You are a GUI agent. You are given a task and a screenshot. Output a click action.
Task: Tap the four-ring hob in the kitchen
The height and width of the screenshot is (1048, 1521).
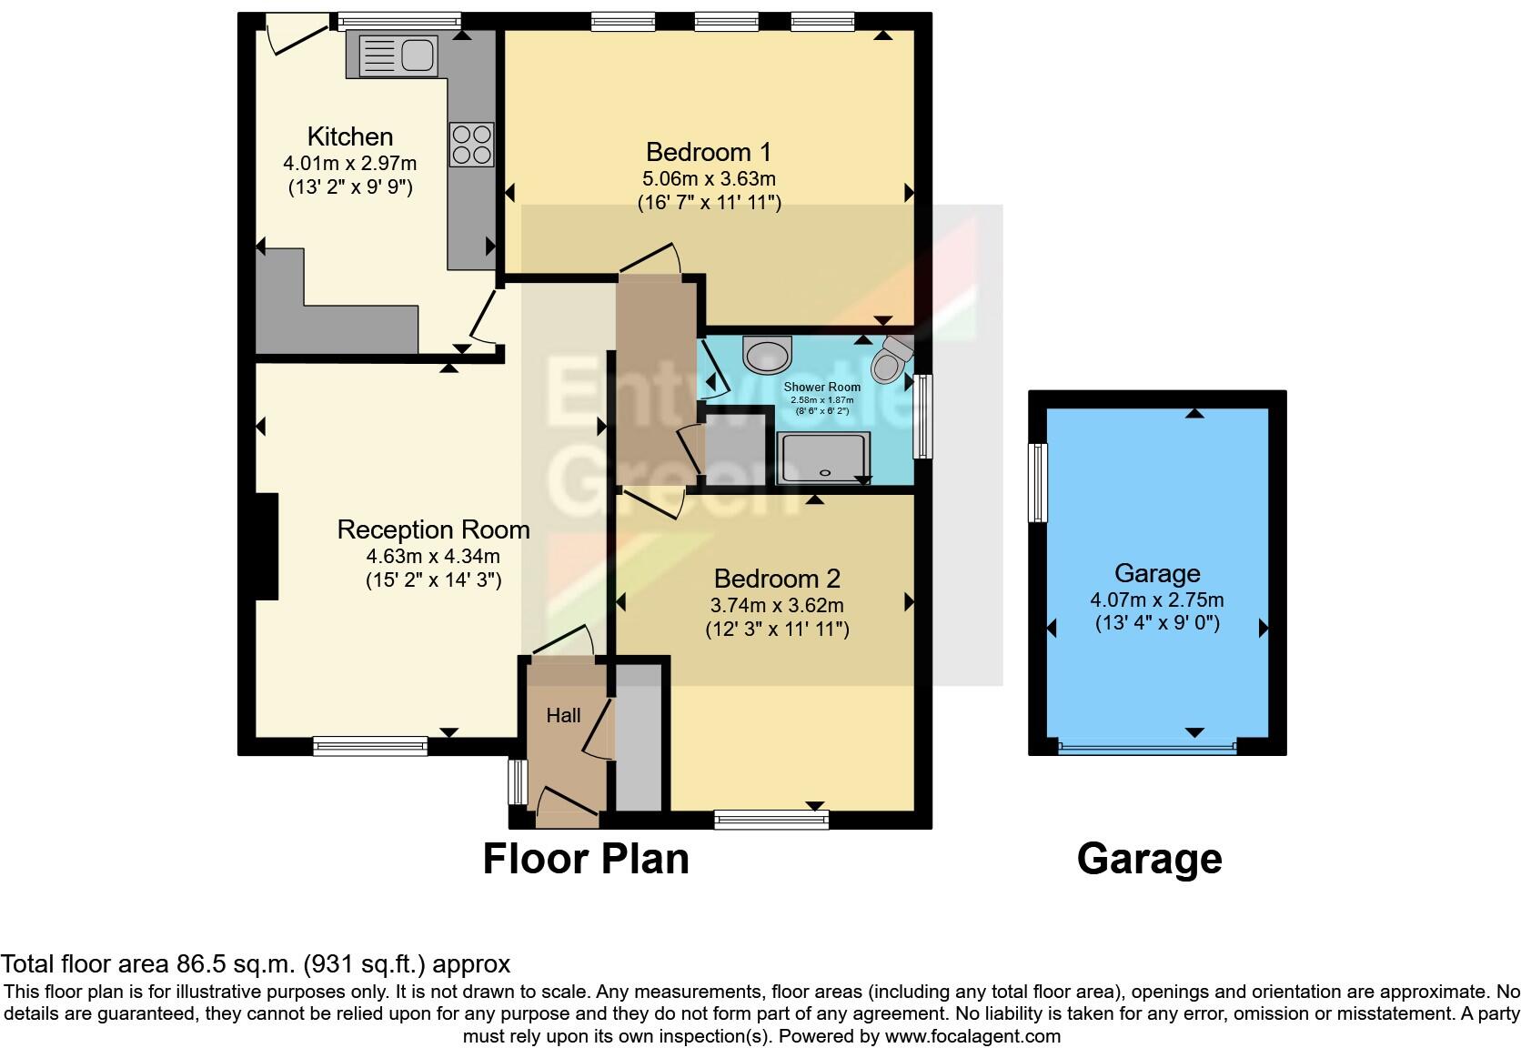click(471, 145)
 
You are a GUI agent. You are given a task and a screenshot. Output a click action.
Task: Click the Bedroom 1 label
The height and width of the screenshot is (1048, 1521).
click(708, 151)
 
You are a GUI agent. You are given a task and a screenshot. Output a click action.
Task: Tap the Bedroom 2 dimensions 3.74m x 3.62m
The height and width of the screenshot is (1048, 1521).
click(777, 605)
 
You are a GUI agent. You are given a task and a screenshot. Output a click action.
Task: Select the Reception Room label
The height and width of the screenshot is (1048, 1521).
click(433, 529)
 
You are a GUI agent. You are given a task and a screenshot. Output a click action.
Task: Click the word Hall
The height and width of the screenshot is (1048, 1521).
click(563, 716)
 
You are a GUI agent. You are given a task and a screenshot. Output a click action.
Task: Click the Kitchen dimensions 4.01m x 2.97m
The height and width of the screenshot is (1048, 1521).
click(350, 164)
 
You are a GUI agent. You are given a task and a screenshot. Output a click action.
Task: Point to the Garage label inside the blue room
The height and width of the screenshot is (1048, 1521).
click(1157, 573)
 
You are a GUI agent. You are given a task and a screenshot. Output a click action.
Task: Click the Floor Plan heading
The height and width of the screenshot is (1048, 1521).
click(586, 859)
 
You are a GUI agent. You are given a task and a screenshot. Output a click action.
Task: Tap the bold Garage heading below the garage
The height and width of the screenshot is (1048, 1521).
click(1149, 859)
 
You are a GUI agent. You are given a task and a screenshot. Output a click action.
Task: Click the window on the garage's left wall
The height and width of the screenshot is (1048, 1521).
click(1038, 482)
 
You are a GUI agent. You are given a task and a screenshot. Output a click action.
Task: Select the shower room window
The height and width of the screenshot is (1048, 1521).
click(923, 416)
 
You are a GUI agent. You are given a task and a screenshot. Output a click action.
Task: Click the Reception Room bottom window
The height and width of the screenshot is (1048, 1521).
click(369, 746)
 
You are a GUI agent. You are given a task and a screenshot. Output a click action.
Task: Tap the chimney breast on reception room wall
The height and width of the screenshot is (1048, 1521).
click(266, 546)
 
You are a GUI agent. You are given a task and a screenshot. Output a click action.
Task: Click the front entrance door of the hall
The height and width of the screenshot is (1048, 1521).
click(568, 806)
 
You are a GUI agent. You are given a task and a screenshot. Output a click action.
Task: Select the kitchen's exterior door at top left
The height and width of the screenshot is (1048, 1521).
click(296, 35)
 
